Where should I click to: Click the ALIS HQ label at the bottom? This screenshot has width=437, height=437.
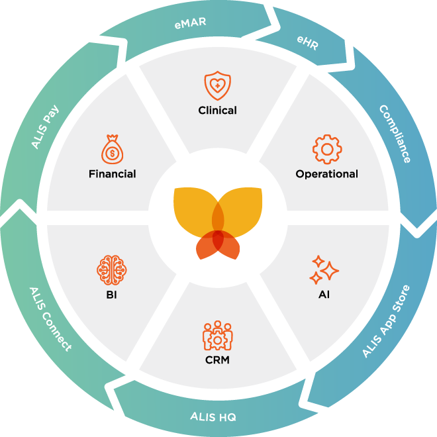pyautogui.click(x=213, y=416)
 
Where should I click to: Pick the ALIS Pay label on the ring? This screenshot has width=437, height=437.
pyautogui.click(x=46, y=124)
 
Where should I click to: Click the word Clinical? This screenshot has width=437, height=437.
pyautogui.click(x=217, y=111)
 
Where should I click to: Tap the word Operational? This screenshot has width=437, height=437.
pyautogui.click(x=326, y=174)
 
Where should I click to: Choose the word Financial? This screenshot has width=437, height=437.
pyautogui.click(x=113, y=174)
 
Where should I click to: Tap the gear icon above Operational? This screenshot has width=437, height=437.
pyautogui.click(x=326, y=149)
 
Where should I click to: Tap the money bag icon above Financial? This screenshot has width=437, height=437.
pyautogui.click(x=113, y=149)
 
